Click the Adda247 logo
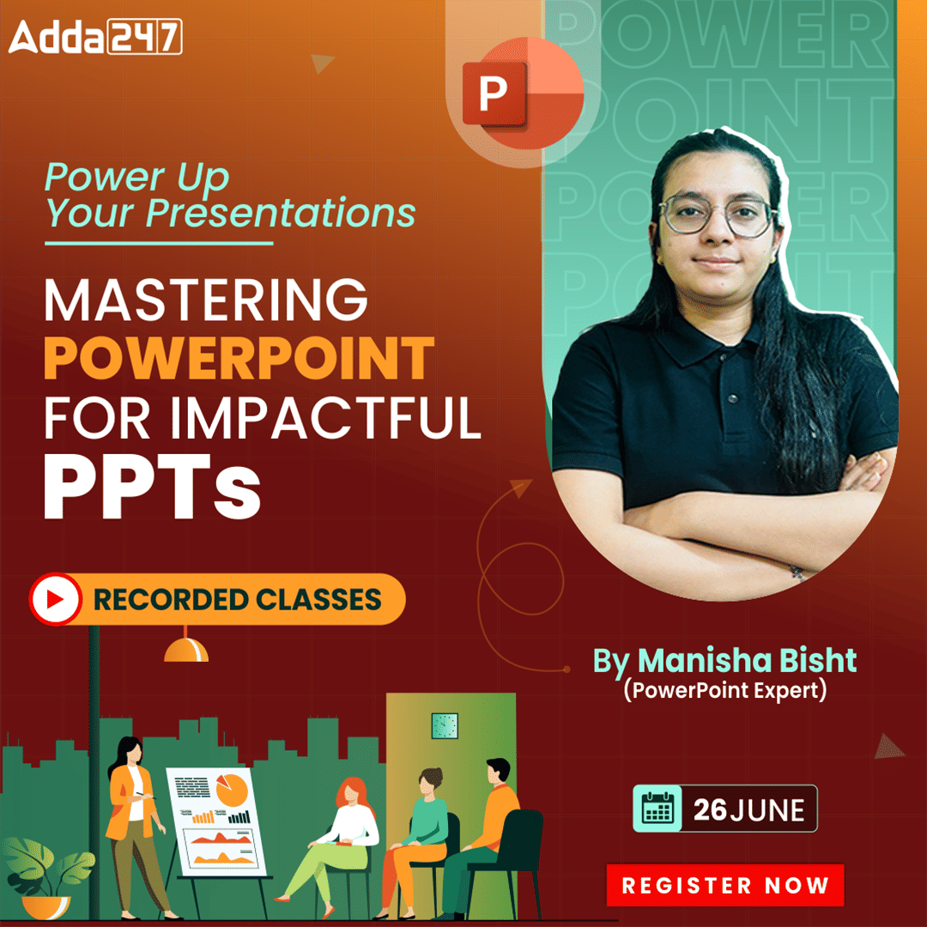95,37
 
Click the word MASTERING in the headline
206,300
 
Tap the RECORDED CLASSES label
237,599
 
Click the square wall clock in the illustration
445,724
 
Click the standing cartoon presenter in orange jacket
133,824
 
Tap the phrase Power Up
137,178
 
